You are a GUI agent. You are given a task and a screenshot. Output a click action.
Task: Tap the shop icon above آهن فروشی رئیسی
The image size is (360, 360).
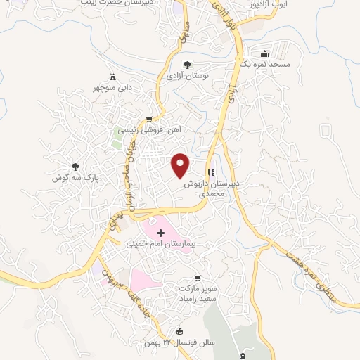149,119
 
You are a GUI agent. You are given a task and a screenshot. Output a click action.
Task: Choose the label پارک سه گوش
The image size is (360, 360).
84,179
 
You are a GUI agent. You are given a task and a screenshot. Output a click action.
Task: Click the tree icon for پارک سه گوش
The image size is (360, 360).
75,167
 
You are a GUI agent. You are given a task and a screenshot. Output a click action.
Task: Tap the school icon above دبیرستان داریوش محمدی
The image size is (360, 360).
210,172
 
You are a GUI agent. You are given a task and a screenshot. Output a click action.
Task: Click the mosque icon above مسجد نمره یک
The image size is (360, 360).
265,53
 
